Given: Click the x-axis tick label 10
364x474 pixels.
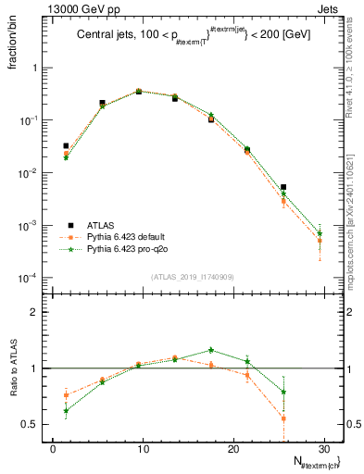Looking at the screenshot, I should click(143, 448).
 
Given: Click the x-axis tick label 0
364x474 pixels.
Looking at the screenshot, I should click(53, 448).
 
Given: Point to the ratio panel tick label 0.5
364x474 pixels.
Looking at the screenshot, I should click(35, 424).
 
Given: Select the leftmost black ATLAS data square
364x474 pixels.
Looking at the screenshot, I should click(66, 145).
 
